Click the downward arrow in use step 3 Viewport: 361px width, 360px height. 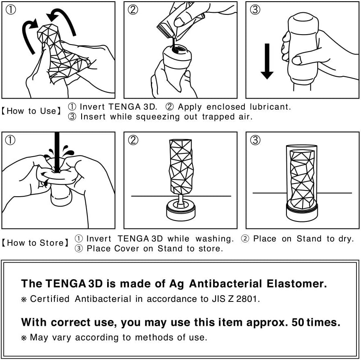click(x=267, y=61)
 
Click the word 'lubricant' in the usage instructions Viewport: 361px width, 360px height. click(x=270, y=107)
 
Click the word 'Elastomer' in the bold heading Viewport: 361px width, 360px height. click(x=297, y=284)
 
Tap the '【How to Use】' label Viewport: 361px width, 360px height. click(x=32, y=111)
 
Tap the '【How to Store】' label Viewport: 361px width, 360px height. click(x=35, y=243)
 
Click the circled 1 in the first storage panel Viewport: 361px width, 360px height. click(x=10, y=140)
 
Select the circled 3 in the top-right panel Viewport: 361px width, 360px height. click(x=255, y=9)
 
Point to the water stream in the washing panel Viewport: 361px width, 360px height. click(x=57, y=152)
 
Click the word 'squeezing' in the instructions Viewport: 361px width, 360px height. click(x=158, y=117)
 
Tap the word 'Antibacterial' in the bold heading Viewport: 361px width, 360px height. click(x=225, y=284)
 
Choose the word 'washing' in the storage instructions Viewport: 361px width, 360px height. click(x=215, y=239)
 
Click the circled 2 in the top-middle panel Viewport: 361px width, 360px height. click(x=133, y=9)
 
